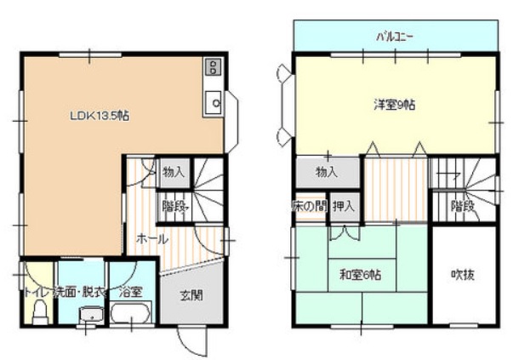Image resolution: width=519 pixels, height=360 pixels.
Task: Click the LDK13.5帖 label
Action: (x=100, y=116)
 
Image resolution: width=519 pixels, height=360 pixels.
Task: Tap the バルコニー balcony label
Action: (x=394, y=37)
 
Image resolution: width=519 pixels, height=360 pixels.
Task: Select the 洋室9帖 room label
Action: (x=394, y=105)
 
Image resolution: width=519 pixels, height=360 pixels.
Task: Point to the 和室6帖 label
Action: (x=361, y=275)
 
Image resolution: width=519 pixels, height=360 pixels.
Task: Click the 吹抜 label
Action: (x=463, y=275)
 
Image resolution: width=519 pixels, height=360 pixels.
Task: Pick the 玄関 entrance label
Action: (x=191, y=295)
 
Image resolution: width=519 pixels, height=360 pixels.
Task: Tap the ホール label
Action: (x=152, y=239)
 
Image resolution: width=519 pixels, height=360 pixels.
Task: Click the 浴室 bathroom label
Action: (x=130, y=292)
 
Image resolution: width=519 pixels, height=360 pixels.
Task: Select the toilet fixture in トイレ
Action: (x=40, y=312)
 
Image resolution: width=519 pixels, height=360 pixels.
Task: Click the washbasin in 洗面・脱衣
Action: (x=91, y=315)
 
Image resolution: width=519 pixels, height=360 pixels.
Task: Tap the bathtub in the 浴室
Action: (x=131, y=312)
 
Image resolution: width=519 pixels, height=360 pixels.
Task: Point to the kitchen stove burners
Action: (x=214, y=66)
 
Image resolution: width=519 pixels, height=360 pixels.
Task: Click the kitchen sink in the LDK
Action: (x=214, y=102)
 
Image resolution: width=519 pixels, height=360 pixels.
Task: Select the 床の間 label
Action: (x=310, y=206)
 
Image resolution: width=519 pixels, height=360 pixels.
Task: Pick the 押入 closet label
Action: (x=344, y=206)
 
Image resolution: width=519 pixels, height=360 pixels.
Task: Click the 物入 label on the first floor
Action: (x=173, y=172)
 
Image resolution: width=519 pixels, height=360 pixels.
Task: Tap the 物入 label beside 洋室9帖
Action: (x=327, y=172)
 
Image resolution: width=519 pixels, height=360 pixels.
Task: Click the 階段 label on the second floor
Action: (x=463, y=206)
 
